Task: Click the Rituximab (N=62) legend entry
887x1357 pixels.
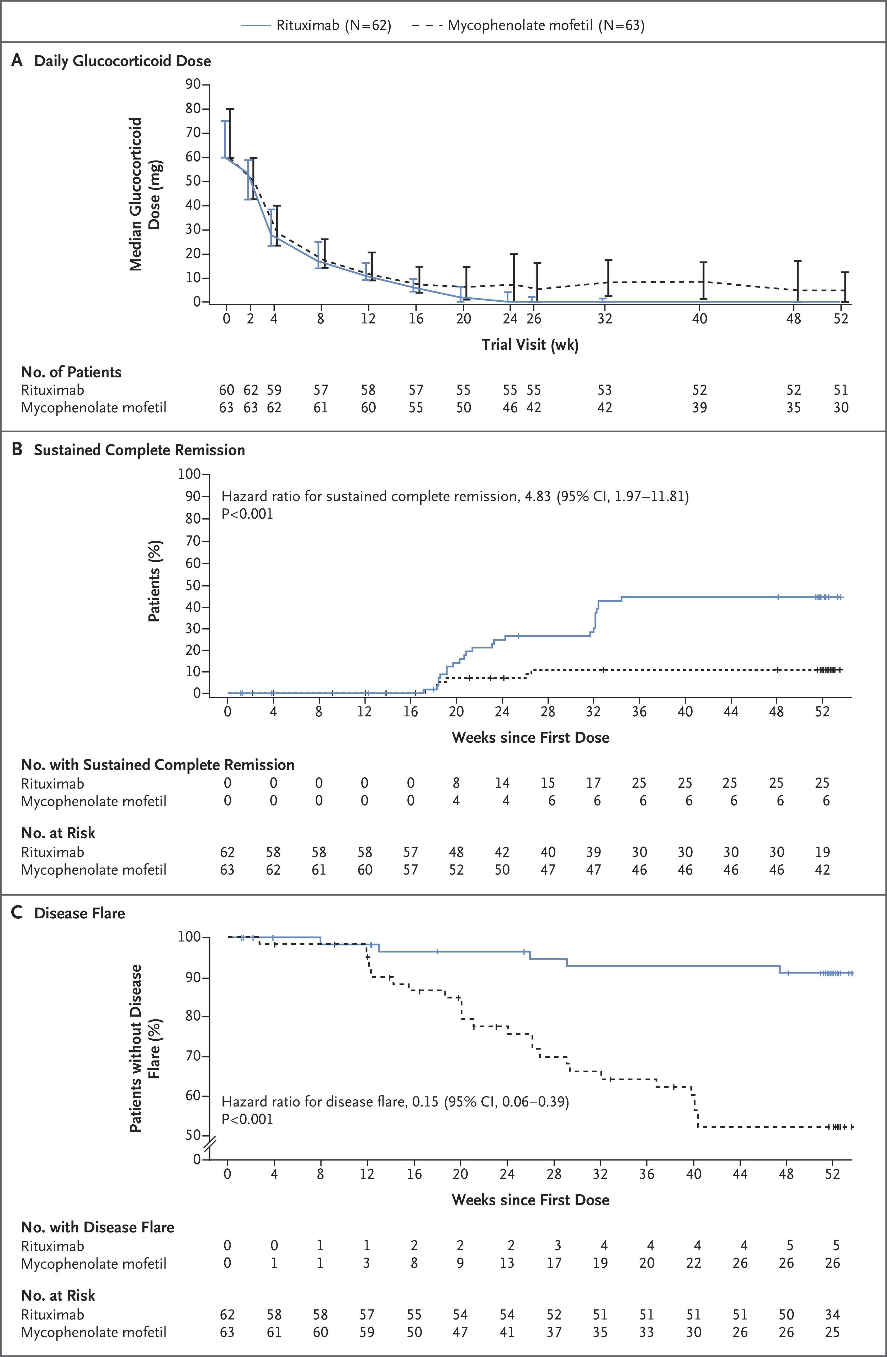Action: tap(316, 25)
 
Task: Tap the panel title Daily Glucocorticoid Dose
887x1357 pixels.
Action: tap(123, 61)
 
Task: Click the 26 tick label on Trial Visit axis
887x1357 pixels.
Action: tap(534, 318)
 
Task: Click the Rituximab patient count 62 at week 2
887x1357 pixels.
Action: tap(251, 390)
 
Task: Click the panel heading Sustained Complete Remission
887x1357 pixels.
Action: tap(140, 450)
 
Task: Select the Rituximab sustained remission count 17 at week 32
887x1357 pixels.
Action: tap(593, 783)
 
